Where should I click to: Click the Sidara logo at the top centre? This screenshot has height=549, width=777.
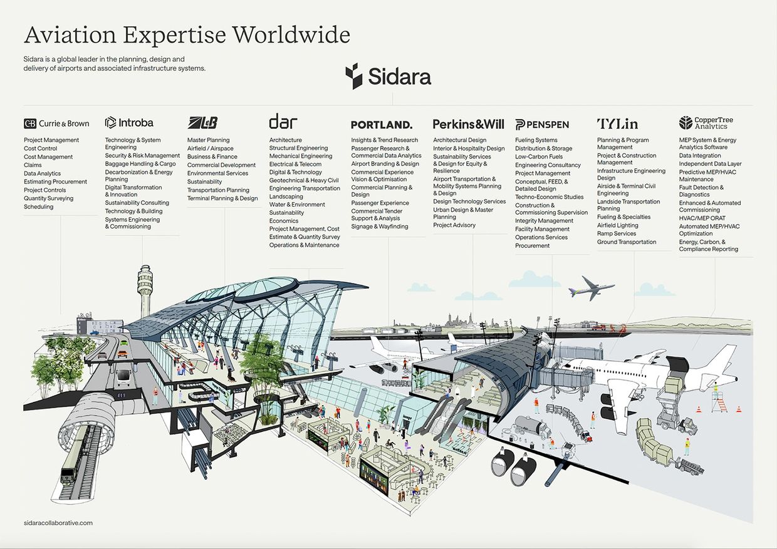(388, 76)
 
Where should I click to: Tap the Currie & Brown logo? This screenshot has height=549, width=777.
(56, 123)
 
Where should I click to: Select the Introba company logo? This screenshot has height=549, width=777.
(129, 123)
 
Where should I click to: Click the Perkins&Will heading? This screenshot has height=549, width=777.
(468, 124)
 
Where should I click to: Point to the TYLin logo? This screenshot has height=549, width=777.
(617, 124)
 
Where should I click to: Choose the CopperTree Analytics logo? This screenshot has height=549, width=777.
(706, 123)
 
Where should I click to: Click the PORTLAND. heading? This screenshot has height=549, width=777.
(382, 125)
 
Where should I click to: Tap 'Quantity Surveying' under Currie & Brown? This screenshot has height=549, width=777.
(49, 198)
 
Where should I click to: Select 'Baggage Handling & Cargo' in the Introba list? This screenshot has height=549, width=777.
(140, 163)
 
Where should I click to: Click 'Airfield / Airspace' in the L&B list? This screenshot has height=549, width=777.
(210, 148)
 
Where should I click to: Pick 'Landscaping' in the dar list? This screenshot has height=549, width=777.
(286, 197)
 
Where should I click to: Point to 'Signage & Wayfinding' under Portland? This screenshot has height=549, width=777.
(380, 227)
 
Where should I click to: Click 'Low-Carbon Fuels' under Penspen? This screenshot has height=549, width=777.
(539, 156)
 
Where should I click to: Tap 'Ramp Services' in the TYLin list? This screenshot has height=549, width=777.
(617, 233)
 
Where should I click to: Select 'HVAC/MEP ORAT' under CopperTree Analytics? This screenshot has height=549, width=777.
(702, 218)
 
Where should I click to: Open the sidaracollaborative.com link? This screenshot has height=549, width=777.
(58, 523)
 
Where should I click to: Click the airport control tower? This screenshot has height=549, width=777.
(145, 290)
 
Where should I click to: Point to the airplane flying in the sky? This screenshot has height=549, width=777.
(591, 289)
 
